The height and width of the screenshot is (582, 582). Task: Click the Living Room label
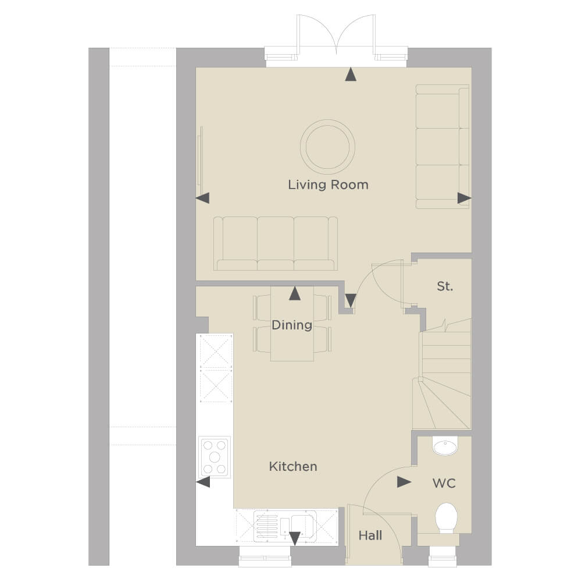[328, 184]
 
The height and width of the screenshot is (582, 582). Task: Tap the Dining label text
[292, 325]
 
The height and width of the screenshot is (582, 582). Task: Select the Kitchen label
[293, 466]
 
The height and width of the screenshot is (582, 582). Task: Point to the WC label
[444, 483]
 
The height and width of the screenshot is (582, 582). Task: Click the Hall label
[370, 535]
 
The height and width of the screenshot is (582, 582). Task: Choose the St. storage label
[445, 286]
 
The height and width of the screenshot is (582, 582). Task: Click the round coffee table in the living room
[327, 147]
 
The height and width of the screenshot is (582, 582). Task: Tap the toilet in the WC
[446, 519]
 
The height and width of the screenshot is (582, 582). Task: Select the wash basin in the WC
[445, 446]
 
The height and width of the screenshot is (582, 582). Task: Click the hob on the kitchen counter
[215, 457]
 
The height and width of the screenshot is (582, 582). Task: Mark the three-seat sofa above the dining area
[276, 243]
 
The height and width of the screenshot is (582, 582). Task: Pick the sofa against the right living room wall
[442, 147]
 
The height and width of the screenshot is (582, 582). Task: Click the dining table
[292, 324]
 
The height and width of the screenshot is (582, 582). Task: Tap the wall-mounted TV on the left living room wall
[201, 157]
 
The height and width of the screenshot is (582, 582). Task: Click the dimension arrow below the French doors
[351, 74]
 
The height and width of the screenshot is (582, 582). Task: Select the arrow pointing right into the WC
[404, 482]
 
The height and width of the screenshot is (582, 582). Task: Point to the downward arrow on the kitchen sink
[295, 538]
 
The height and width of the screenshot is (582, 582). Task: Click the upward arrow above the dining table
[295, 293]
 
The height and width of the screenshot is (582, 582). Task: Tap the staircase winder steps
[442, 403]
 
